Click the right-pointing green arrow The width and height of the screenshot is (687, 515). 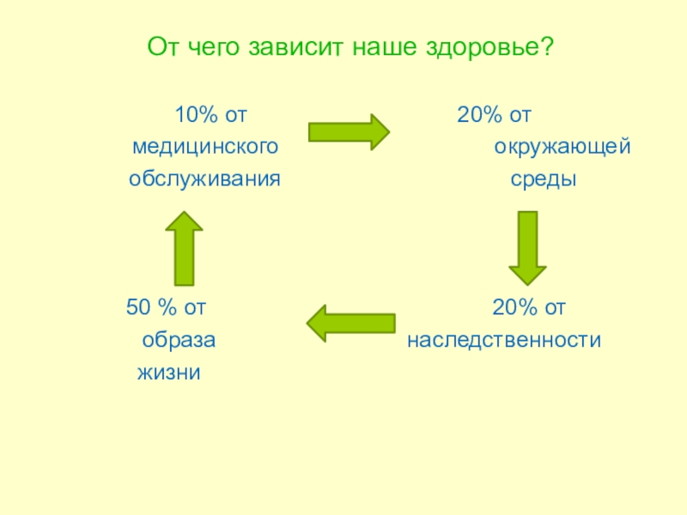click(x=349, y=132)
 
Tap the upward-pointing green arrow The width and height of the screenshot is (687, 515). click(x=184, y=248)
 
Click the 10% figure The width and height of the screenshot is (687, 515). click(x=193, y=115)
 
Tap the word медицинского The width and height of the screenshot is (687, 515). click(x=205, y=148)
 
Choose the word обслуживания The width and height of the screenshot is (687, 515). click(x=205, y=180)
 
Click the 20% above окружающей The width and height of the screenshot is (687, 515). click(x=476, y=115)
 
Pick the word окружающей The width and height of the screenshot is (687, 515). click(x=562, y=148)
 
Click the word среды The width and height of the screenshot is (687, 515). click(x=544, y=180)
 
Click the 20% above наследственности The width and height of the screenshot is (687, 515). click(x=511, y=307)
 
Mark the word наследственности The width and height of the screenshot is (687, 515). click(x=504, y=341)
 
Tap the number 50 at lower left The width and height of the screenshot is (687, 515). click(x=137, y=307)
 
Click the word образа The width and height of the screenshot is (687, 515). click(x=179, y=341)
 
